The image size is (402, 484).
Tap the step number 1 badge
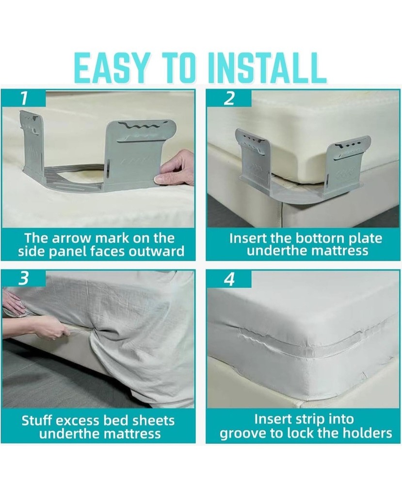click(x=23, y=98)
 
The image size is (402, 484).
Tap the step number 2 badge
click(x=229, y=98)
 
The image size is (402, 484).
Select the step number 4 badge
click(x=229, y=280)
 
